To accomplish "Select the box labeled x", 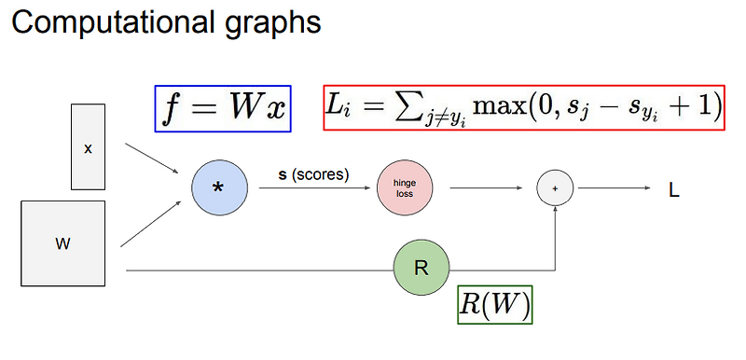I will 88,146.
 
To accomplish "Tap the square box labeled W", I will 63,243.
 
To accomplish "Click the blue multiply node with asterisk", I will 218,187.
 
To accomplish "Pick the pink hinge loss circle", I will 404,189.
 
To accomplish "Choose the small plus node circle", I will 555,188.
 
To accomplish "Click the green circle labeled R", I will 421,269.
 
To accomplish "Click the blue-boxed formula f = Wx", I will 222,108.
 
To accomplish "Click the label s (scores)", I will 313,174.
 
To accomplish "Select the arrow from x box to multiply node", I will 152,159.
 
